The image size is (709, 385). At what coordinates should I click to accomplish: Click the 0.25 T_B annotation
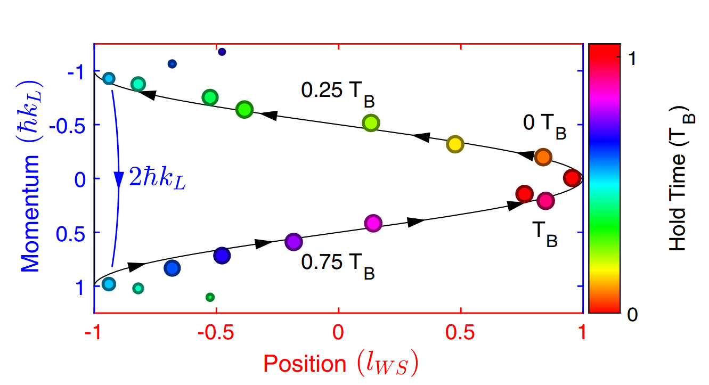(x=337, y=92)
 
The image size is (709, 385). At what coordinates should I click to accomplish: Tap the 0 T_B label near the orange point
(x=544, y=126)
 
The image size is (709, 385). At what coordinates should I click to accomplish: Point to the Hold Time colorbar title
(x=679, y=178)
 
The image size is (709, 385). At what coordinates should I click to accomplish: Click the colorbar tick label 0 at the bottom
(x=632, y=315)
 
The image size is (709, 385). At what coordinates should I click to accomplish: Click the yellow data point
(x=455, y=144)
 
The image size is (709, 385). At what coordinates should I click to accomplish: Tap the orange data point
(x=543, y=157)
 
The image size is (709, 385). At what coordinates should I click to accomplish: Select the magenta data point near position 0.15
(x=373, y=223)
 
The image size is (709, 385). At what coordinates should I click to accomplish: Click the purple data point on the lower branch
(x=293, y=242)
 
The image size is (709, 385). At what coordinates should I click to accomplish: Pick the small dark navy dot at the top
(x=222, y=52)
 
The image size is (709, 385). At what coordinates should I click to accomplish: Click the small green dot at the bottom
(x=210, y=297)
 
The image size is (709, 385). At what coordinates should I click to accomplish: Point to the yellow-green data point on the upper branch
(x=371, y=123)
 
